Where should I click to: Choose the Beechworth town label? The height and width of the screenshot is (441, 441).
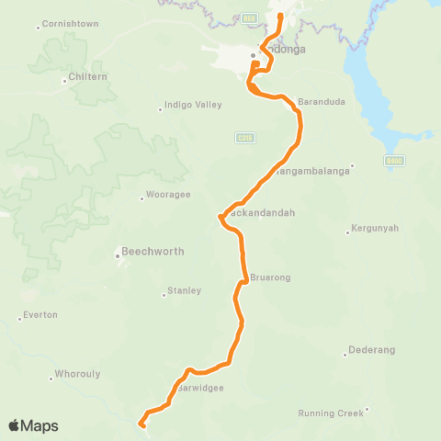[x=153, y=251]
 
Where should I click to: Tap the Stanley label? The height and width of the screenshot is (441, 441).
[x=184, y=291]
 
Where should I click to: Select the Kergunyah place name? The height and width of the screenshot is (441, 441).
[x=377, y=229]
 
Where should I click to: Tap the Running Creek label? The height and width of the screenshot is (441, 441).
[x=331, y=413]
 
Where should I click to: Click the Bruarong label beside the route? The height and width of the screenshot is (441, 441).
[x=269, y=277]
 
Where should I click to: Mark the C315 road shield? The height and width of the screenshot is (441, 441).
[x=243, y=137]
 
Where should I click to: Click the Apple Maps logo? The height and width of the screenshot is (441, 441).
[x=33, y=425]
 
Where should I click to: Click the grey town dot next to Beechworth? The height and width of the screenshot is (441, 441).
[x=117, y=255]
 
